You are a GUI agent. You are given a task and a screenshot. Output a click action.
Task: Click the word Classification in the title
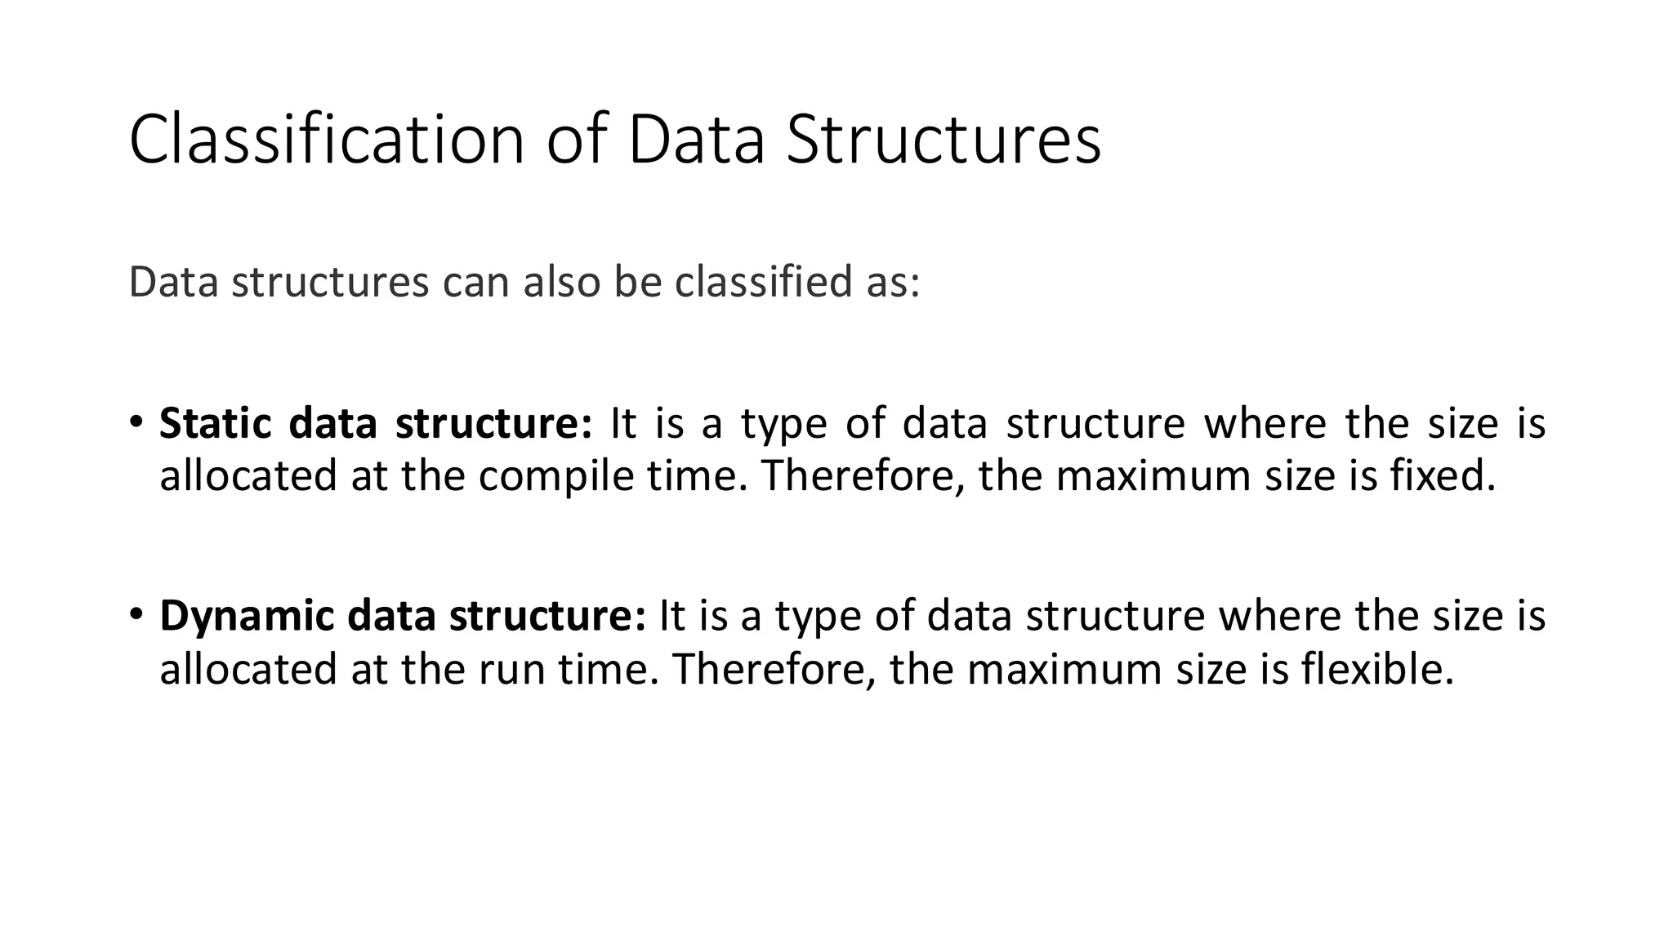[327, 140]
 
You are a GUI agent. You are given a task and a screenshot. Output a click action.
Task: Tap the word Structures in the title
[943, 140]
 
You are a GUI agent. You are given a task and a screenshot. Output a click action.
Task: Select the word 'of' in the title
[577, 140]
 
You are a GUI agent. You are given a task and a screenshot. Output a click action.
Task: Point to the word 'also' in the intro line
[562, 282]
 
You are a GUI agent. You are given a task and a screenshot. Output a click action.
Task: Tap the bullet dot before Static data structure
[136, 421]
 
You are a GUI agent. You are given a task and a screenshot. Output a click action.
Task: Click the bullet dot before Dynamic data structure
[136, 613]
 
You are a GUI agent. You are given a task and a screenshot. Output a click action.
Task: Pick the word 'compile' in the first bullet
[555, 476]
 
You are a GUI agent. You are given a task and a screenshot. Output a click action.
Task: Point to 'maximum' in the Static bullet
[1153, 476]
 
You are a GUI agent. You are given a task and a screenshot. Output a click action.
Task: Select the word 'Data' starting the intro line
[174, 282]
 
